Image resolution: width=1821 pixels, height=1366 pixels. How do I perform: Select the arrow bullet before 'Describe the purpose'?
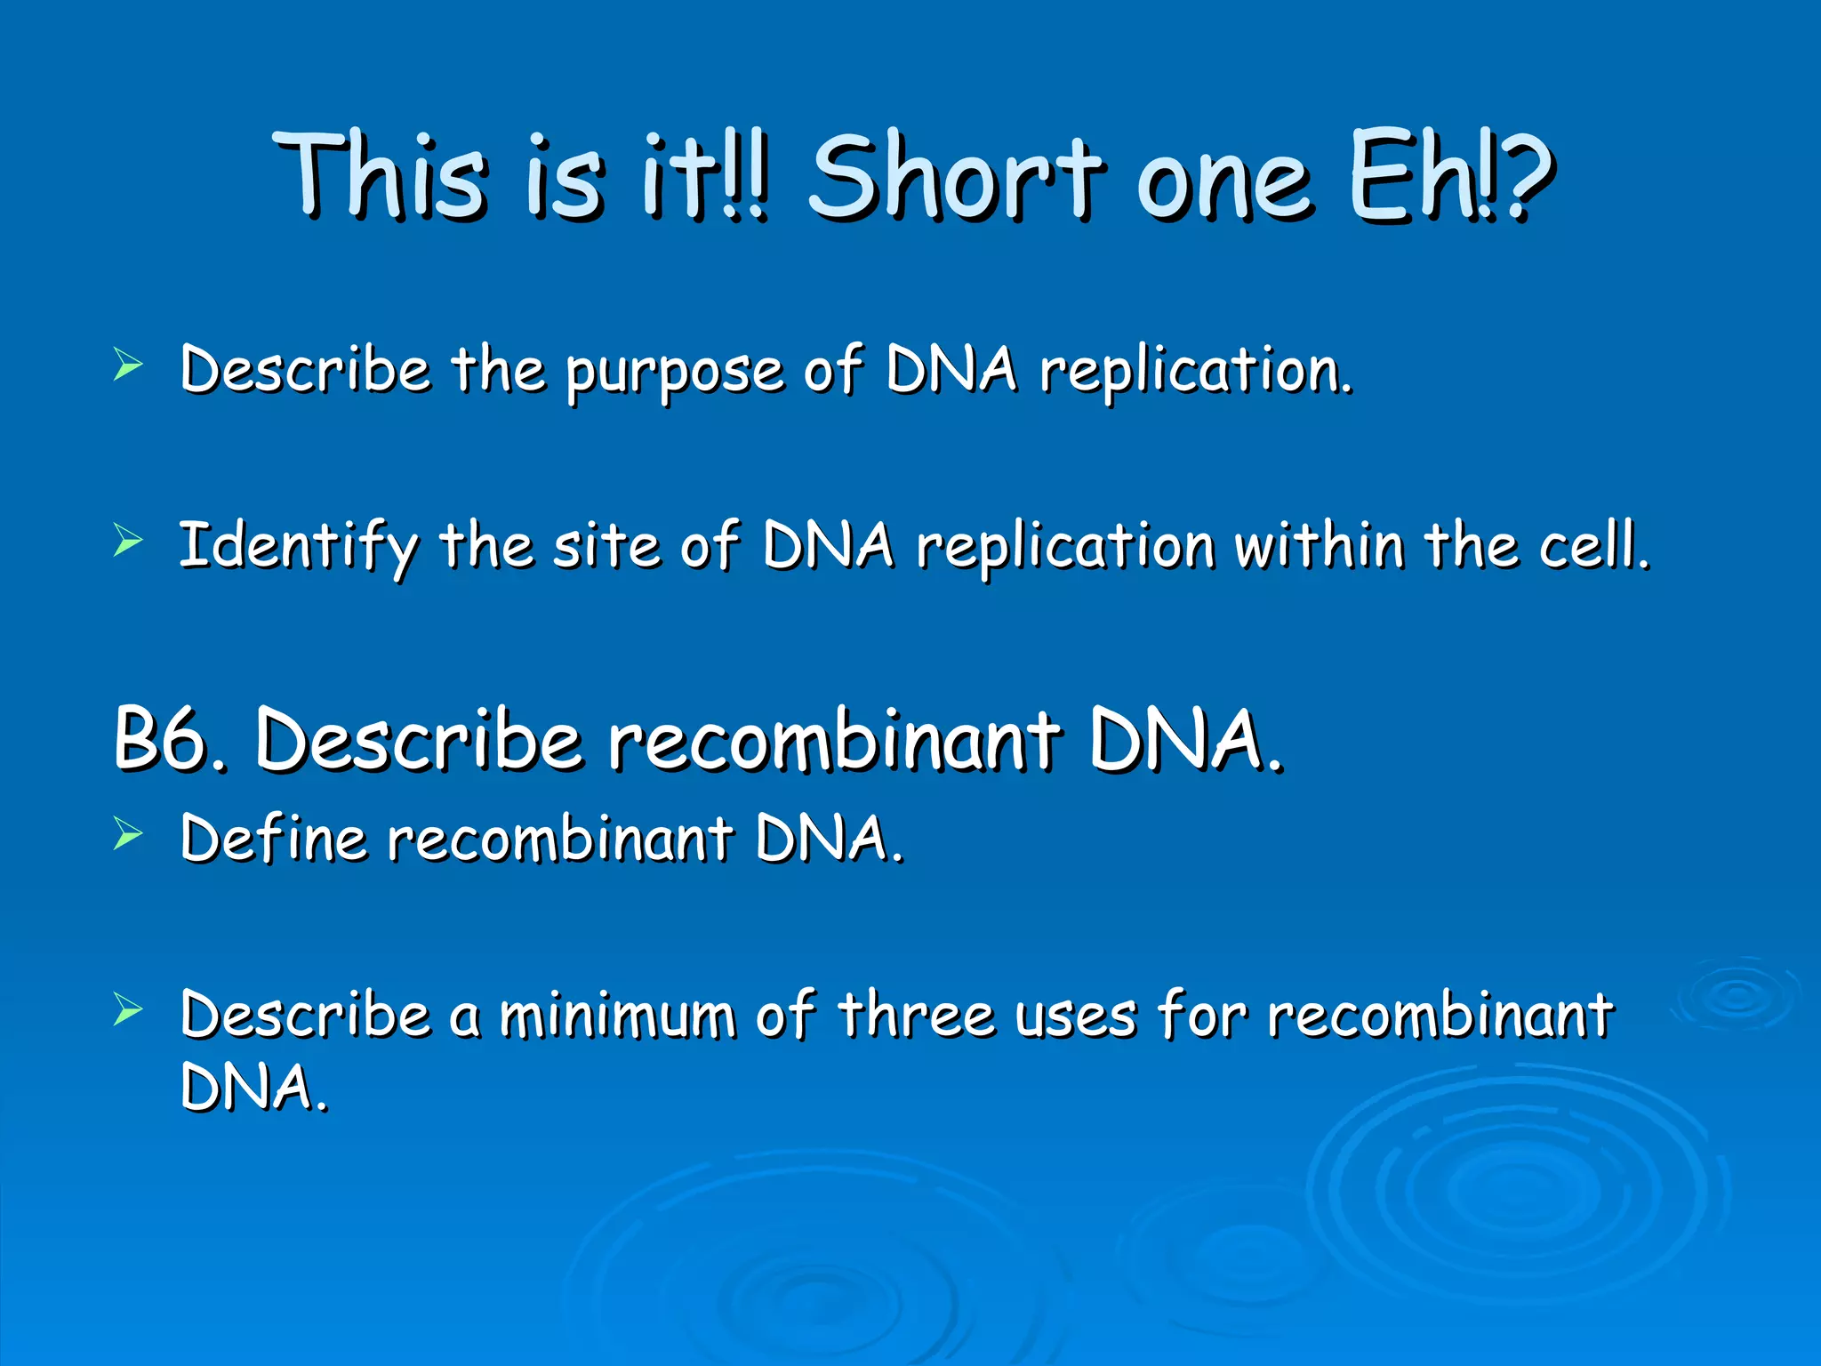128,366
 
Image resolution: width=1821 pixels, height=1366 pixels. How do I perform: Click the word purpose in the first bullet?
675,372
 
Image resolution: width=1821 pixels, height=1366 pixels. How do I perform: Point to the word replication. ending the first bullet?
1196,372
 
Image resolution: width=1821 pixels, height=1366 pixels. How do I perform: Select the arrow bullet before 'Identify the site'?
128,541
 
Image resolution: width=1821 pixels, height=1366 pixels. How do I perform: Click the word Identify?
298,547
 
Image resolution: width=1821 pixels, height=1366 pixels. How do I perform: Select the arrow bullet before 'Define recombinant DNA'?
128,834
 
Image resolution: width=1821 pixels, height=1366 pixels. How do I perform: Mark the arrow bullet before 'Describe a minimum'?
128,1009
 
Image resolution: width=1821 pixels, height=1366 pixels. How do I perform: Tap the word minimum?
617,1016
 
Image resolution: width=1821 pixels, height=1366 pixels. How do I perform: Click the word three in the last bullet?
916,1016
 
